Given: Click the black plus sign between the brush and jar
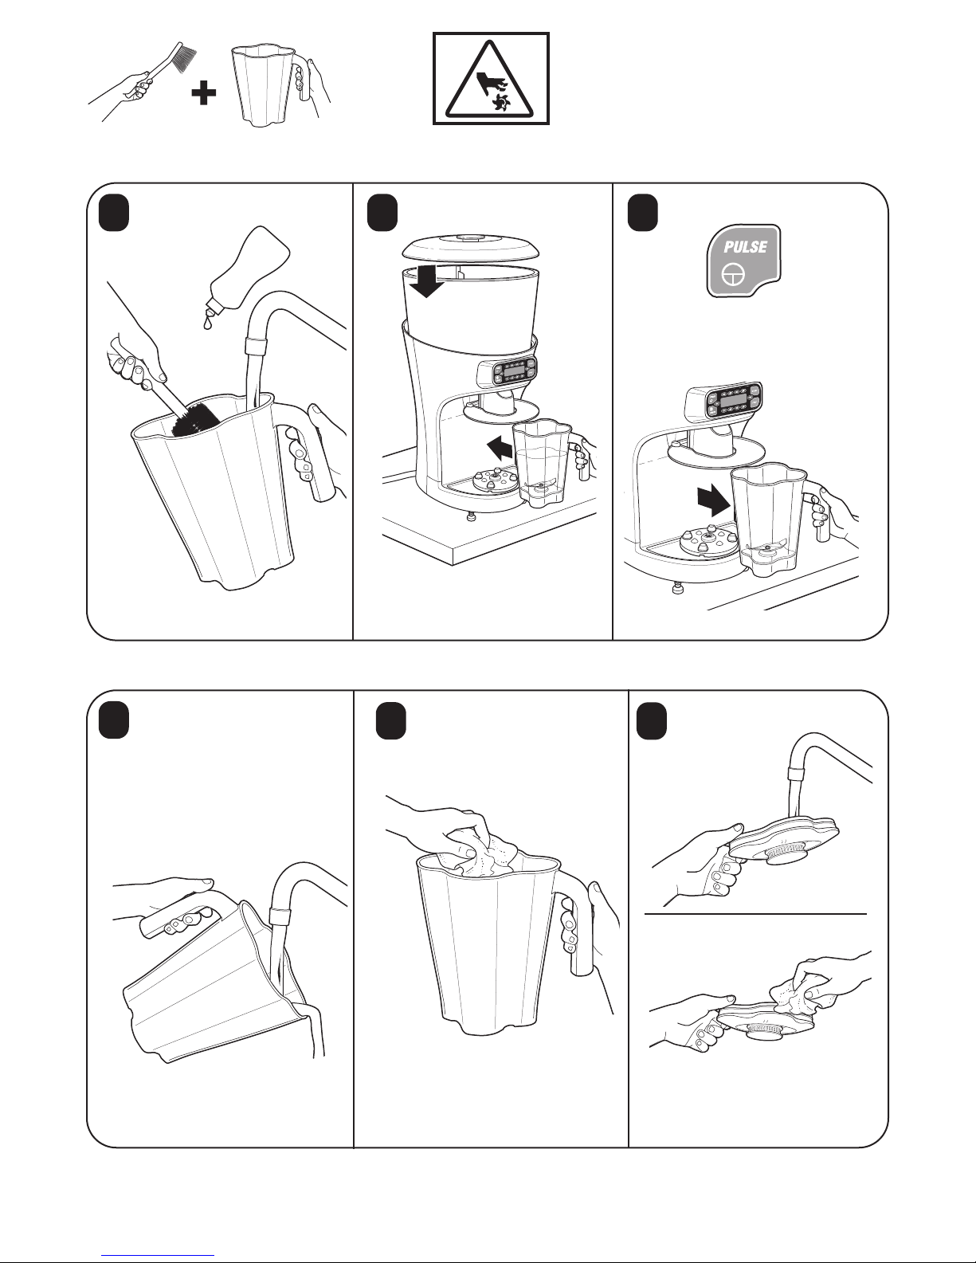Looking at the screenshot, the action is point(203,93).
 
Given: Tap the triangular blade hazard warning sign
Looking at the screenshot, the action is point(491,78).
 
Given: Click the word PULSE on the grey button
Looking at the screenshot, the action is point(745,246).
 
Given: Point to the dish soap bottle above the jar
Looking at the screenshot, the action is point(249,267).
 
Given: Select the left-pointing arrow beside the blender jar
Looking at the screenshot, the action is point(500,449).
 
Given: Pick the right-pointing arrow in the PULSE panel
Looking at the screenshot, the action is point(714,501).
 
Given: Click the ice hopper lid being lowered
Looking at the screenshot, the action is point(471,248).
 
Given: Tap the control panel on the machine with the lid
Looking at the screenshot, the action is point(507,371).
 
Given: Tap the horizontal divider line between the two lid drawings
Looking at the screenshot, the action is point(755,914).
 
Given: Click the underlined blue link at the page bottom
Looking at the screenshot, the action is point(158,1253).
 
